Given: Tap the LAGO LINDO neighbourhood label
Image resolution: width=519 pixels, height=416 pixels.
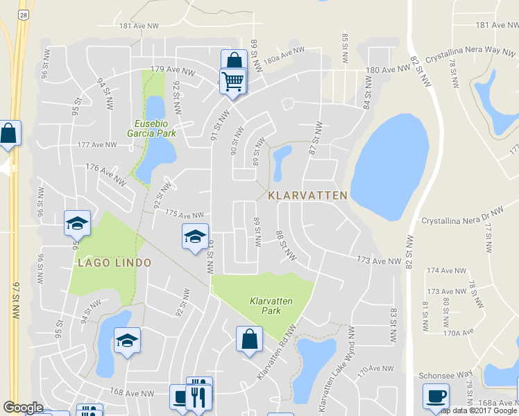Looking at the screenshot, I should click(x=114, y=263).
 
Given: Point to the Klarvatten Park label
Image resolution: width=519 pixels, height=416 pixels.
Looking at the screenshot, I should click(x=271, y=306).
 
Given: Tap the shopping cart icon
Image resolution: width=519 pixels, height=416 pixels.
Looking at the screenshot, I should click(x=232, y=81).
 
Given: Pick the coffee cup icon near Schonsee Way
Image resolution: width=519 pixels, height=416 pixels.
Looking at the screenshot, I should click(x=436, y=396).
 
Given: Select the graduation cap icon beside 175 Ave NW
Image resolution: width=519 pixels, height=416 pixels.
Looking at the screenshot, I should click(x=195, y=236).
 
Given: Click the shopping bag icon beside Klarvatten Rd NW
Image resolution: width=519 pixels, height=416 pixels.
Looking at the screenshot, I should click(x=249, y=339).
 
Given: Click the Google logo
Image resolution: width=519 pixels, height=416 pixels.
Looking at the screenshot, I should click(x=23, y=408).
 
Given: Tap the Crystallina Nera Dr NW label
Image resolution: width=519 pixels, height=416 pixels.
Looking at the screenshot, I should click(x=461, y=216).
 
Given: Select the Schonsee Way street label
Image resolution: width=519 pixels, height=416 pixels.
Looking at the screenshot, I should click(x=445, y=374).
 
